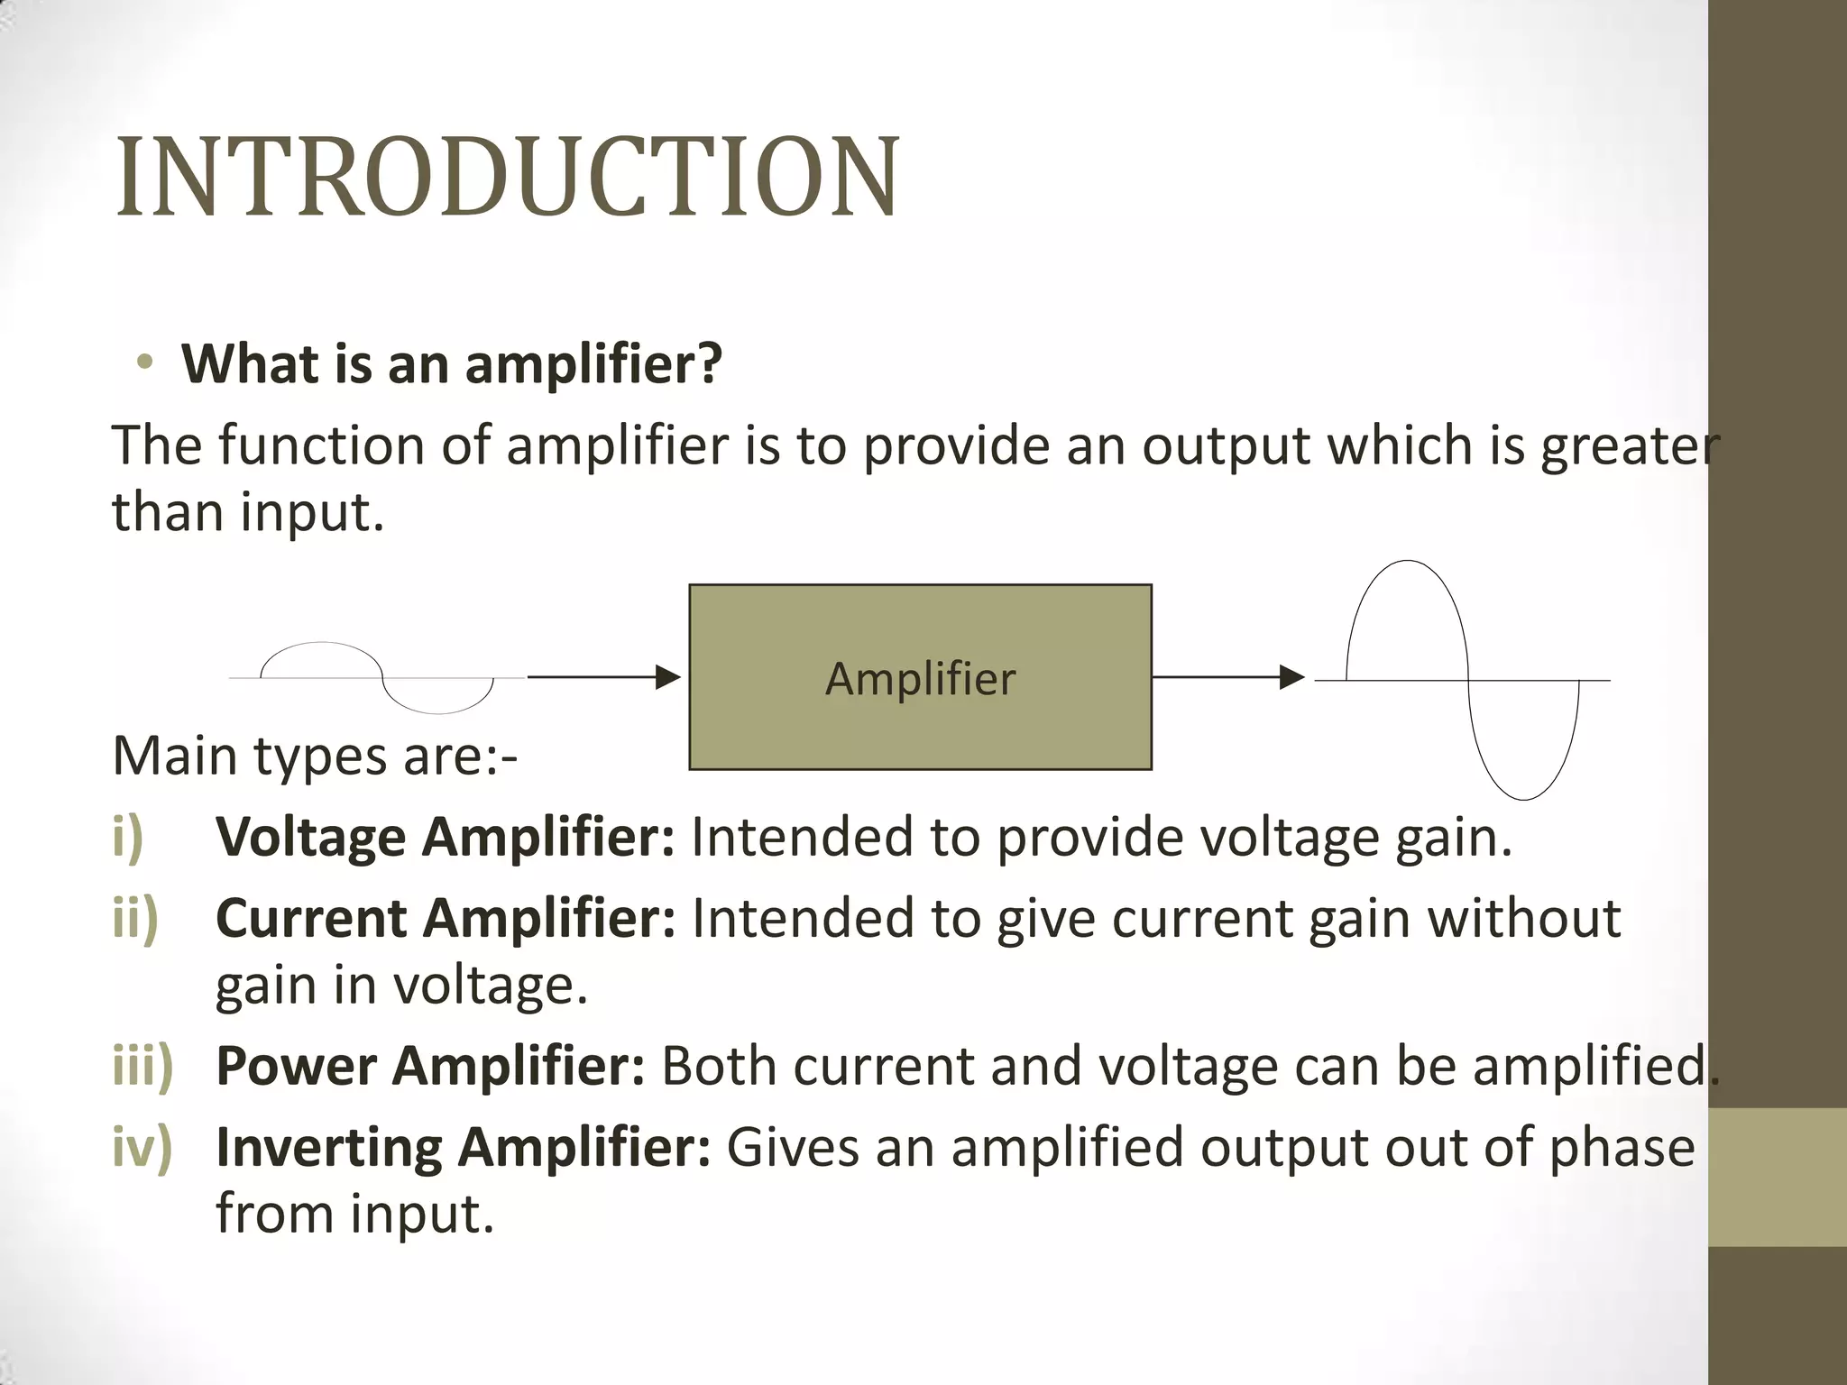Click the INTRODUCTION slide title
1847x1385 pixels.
pos(507,178)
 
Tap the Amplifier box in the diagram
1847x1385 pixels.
pos(920,677)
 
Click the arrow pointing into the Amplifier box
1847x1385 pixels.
pos(603,676)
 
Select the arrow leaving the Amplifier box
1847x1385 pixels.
pos(1227,676)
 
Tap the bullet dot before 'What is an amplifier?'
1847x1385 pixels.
pos(144,363)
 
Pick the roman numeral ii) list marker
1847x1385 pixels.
pos(135,918)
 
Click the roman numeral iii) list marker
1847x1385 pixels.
pos(142,1066)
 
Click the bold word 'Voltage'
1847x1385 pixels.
pos(311,837)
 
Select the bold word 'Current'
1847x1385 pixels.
pos(311,918)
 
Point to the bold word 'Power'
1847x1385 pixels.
pos(296,1066)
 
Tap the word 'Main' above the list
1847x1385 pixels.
pos(174,756)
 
